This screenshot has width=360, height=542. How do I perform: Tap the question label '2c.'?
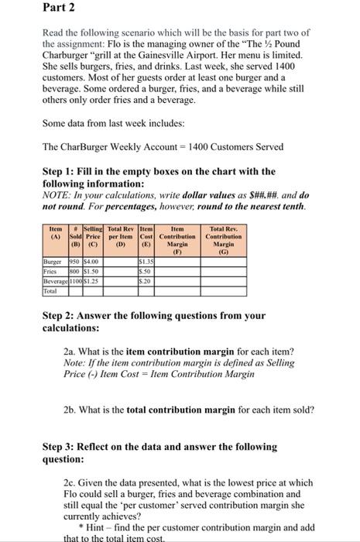click(x=73, y=482)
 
